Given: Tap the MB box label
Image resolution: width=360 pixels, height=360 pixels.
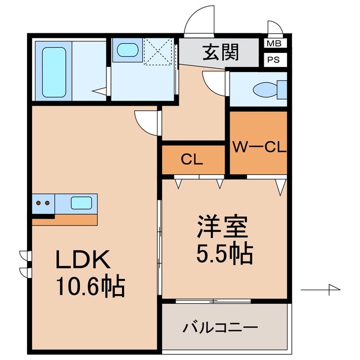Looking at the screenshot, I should point(274,43).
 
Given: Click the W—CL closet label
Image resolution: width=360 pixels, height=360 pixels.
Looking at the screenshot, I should point(260,148).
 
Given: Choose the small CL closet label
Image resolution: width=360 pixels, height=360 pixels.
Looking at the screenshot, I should point(192,160).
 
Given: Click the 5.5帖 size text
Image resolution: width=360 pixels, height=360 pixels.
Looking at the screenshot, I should point(224,254).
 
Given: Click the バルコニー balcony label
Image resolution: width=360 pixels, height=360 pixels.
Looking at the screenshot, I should point(220,327).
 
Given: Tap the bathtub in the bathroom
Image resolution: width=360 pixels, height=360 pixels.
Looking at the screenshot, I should point(54,71).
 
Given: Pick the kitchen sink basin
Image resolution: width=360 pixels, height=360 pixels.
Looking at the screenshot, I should point(82,203).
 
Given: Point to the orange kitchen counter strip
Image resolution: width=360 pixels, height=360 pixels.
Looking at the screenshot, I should point(64,219).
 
